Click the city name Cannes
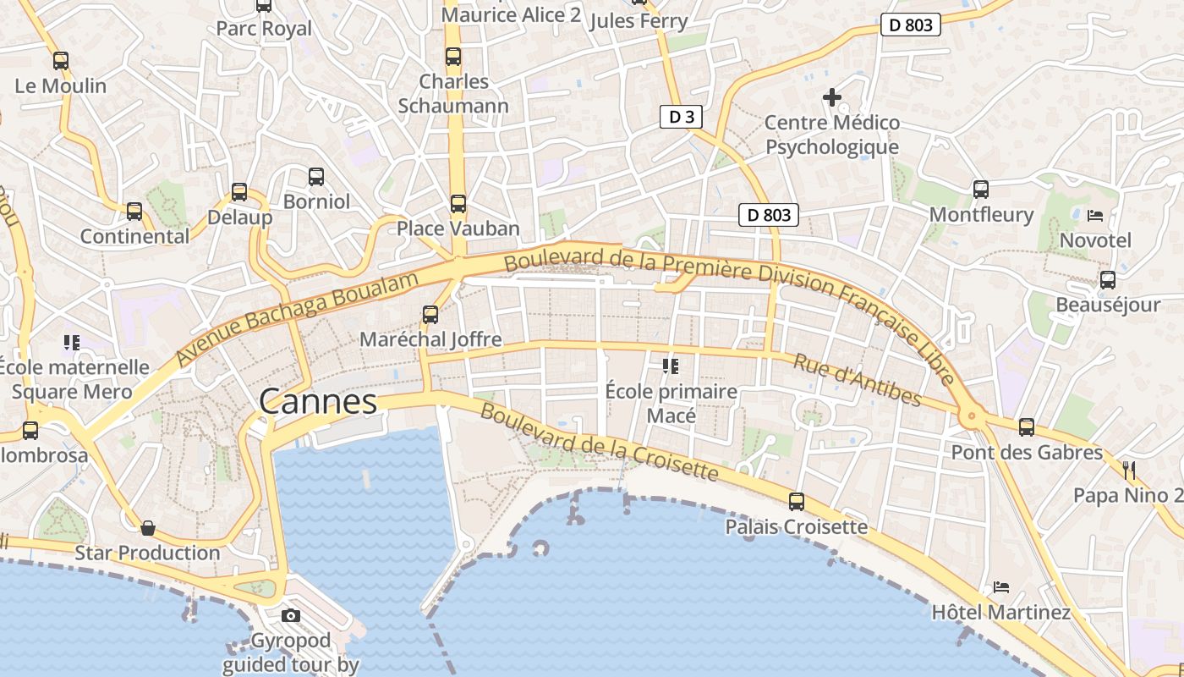pyautogui.click(x=318, y=401)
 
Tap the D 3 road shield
pyautogui.click(x=681, y=117)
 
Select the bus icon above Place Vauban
pyautogui.click(x=458, y=204)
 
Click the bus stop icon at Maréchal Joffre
pyautogui.click(x=430, y=315)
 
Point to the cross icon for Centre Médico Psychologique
pyautogui.click(x=832, y=97)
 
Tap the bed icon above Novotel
pyautogui.click(x=1095, y=215)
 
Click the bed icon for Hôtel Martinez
pyautogui.click(x=1001, y=586)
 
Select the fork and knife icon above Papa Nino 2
pyautogui.click(x=1128, y=470)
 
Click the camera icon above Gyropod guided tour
pyautogui.click(x=291, y=615)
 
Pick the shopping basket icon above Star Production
pyautogui.click(x=148, y=528)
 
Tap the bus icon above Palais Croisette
pyautogui.click(x=796, y=502)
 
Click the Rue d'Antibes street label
pyautogui.click(x=856, y=379)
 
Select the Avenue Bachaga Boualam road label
pyautogui.click(x=298, y=320)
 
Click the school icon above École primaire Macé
pyautogui.click(x=671, y=366)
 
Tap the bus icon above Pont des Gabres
pyautogui.click(x=1027, y=427)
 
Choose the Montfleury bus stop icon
pyautogui.click(x=981, y=190)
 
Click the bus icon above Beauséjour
pyautogui.click(x=1108, y=280)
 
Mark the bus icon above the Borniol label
pyautogui.click(x=316, y=177)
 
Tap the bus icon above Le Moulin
pyautogui.click(x=60, y=61)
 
